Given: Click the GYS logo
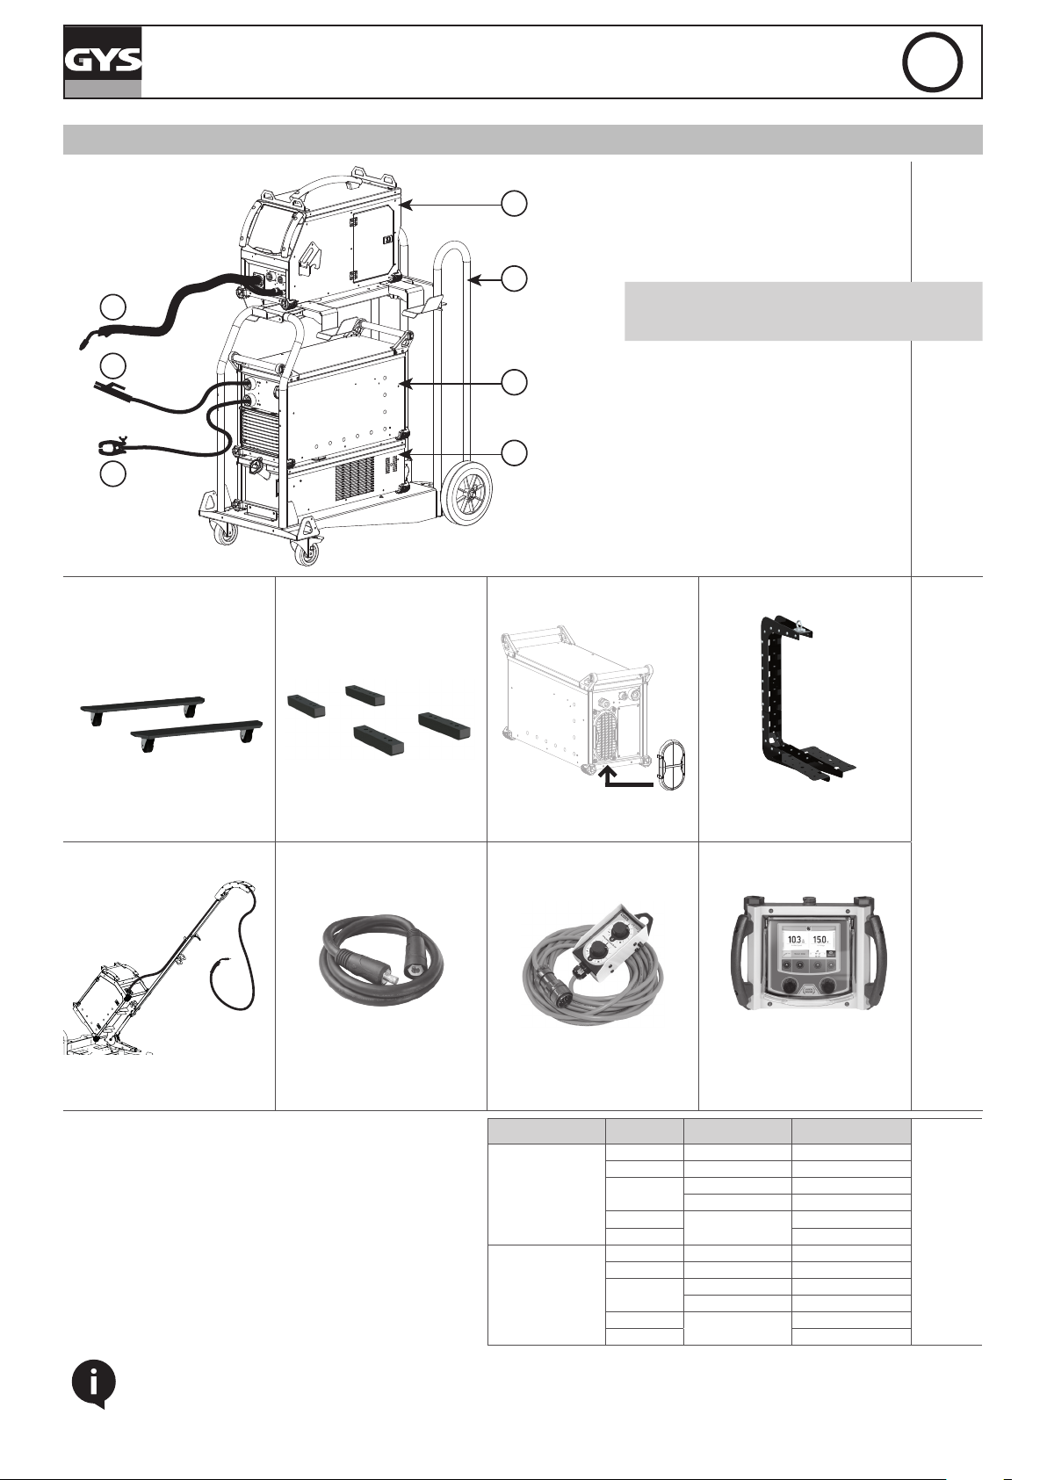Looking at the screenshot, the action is point(103,62).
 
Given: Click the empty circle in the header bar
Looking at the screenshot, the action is point(932,62).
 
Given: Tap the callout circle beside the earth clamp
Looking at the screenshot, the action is point(113,474).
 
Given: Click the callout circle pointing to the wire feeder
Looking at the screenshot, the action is point(514,204).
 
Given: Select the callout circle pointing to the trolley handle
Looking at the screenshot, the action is point(514,278).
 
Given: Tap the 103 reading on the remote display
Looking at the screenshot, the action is point(794,940).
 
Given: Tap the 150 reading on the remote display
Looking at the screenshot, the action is point(820,940).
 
